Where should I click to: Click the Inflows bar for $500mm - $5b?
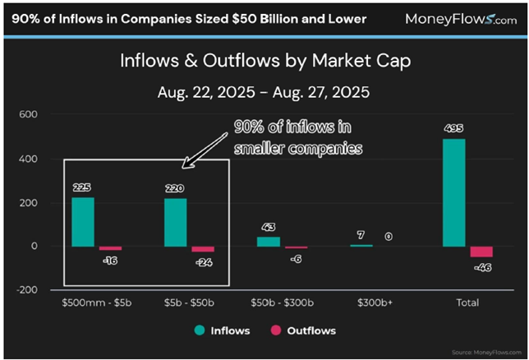82,221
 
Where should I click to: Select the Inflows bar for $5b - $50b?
175,222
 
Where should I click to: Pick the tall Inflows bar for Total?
453,192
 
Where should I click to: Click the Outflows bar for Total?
481,252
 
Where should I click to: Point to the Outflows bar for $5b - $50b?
203,249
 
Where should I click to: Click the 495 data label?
453,129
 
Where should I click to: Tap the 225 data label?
82,187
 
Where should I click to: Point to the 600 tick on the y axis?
29,114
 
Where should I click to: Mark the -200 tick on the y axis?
27,290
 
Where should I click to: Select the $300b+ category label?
374,303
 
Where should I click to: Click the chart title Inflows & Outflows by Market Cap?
264,61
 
